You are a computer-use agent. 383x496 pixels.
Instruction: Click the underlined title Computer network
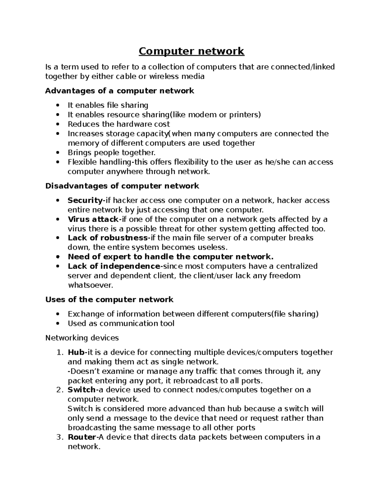[x=191, y=51]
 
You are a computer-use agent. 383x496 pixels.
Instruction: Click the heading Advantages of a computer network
[x=119, y=91]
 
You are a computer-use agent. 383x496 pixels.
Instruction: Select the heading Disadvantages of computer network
[x=122, y=186]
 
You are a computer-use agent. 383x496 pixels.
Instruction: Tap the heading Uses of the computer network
[x=109, y=300]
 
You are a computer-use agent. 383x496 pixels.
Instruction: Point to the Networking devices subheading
[x=82, y=338]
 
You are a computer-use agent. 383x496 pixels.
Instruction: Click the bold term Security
[x=85, y=201]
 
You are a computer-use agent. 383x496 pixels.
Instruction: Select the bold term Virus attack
[x=93, y=219]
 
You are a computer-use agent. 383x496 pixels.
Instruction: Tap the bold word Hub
[x=76, y=352]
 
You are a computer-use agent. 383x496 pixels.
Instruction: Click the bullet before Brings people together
[x=57, y=153]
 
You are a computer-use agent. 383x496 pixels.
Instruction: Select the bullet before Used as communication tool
[x=57, y=324]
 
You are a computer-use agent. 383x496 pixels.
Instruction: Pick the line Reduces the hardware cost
[x=119, y=124]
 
